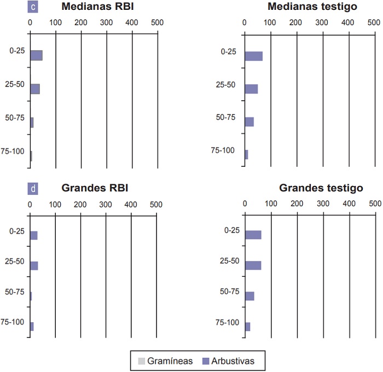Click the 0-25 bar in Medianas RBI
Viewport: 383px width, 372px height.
(x=36, y=55)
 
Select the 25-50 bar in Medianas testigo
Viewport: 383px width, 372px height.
(x=251, y=89)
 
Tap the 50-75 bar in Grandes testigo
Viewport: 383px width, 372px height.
(x=249, y=296)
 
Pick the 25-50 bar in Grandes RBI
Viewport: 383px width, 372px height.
(x=34, y=266)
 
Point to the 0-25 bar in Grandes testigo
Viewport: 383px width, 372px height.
(x=253, y=235)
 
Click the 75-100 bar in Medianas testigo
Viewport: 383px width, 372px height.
(x=246, y=155)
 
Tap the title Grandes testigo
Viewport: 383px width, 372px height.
(x=321, y=188)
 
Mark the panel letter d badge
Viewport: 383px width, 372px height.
(x=33, y=189)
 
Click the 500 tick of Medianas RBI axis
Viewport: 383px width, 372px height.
(x=156, y=24)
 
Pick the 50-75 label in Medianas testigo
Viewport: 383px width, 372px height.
(x=226, y=117)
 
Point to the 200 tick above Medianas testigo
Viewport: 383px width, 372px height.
(x=296, y=24)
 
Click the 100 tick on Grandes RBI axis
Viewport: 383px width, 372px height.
(x=55, y=204)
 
